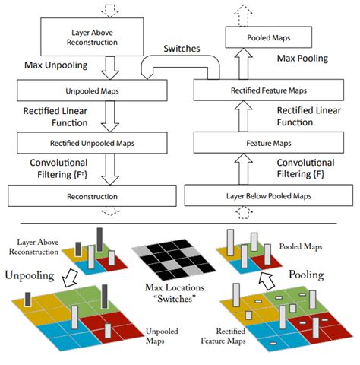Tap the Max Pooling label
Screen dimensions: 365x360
coord(302,59)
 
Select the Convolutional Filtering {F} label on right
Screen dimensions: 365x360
coord(311,169)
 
